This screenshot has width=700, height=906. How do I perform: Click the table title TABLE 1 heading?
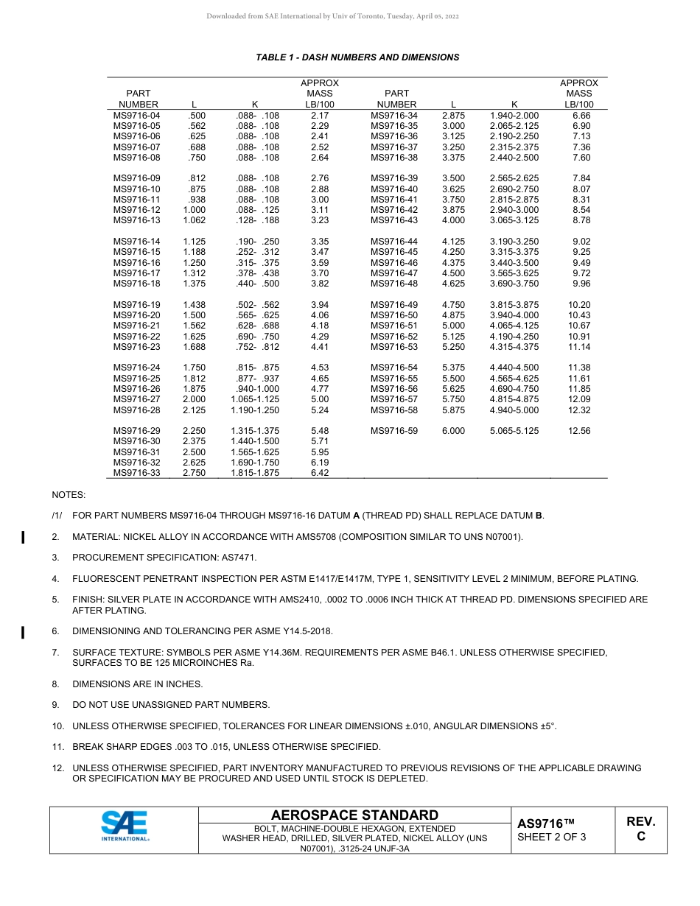(x=357, y=57)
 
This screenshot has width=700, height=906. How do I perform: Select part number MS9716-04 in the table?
(x=136, y=116)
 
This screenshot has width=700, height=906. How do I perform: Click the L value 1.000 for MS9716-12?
(x=195, y=210)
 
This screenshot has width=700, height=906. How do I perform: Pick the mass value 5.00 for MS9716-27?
(x=320, y=399)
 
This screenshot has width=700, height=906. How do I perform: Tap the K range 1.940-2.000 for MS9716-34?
(x=514, y=116)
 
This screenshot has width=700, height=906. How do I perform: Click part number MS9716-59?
(x=394, y=431)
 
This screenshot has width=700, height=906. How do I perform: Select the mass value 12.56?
(x=579, y=431)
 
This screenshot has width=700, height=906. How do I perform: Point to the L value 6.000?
(x=453, y=431)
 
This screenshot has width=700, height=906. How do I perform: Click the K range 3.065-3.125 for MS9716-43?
(x=514, y=220)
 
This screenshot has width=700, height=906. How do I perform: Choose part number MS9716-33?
(x=136, y=473)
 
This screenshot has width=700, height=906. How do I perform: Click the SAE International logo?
(x=124, y=826)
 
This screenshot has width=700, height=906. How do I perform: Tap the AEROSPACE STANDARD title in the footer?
(x=354, y=815)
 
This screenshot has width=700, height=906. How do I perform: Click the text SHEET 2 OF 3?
(x=552, y=837)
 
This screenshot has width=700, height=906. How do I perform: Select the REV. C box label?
(x=640, y=829)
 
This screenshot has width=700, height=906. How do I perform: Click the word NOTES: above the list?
(x=69, y=495)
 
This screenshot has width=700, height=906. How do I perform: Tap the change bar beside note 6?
(x=23, y=631)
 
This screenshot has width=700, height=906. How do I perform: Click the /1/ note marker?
(x=57, y=516)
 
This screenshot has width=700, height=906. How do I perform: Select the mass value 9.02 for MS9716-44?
(x=581, y=242)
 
